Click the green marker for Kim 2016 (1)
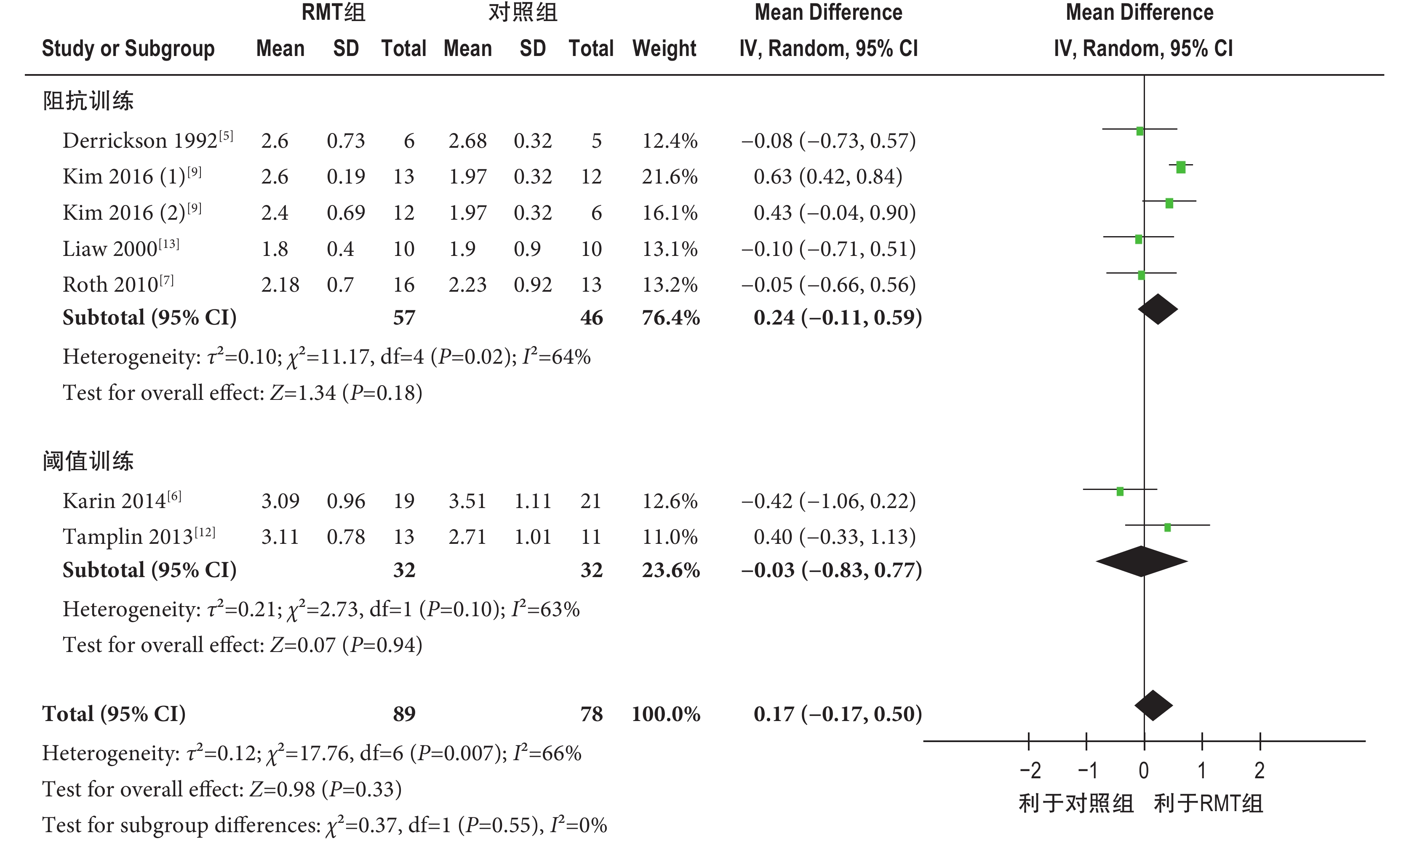(x=1181, y=167)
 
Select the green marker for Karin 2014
(x=1120, y=491)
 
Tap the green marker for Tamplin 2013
(x=1168, y=527)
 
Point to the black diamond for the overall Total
(x=1153, y=705)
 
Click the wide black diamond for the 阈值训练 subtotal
(x=1142, y=562)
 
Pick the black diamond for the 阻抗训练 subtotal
(x=1158, y=309)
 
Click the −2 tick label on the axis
(x=1030, y=771)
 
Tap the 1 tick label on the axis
(x=1201, y=771)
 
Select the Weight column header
(x=664, y=49)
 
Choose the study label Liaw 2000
(x=110, y=249)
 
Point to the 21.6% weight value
(x=670, y=177)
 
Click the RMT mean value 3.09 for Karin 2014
(x=280, y=501)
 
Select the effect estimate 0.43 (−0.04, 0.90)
(x=834, y=213)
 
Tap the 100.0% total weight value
(x=666, y=714)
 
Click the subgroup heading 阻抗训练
(x=88, y=101)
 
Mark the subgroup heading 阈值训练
(x=88, y=461)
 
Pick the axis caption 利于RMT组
(x=1209, y=804)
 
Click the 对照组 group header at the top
(x=523, y=13)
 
